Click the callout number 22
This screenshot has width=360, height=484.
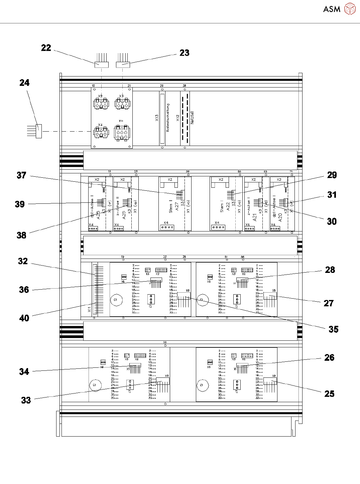46,48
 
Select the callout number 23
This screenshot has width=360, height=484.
184,53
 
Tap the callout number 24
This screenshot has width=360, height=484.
24,83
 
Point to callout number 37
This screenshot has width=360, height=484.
21,175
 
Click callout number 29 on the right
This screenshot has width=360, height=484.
332,175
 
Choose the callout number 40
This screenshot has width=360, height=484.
24,318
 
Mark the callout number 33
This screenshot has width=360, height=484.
26,400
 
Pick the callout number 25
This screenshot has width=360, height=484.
329,394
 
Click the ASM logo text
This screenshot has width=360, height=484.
332,9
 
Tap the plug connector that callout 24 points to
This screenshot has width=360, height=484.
39,131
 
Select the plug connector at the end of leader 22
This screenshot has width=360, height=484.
101,64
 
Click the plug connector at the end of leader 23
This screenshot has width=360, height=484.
123,64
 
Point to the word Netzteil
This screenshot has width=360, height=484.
192,118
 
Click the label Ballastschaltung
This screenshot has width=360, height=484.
168,117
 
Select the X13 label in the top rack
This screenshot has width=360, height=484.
157,118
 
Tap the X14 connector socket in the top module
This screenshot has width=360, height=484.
122,133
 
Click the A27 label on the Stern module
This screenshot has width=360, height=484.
177,206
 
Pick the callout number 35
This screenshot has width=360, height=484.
333,329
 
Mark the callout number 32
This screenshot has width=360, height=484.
23,261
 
